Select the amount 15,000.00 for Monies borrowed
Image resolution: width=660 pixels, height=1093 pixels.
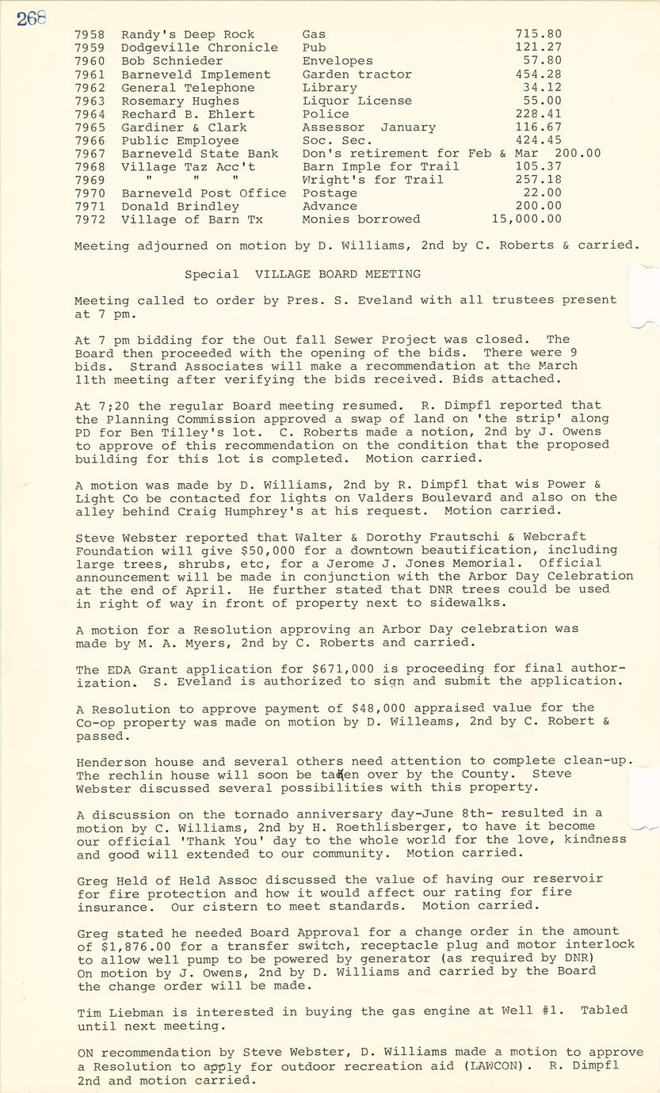coord(526,219)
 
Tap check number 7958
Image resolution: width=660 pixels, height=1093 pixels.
coord(90,35)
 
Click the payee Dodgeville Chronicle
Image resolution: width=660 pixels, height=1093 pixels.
coord(200,48)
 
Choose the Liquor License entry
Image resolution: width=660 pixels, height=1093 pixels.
coord(357,101)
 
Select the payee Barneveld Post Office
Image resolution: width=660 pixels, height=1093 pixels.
coord(204,193)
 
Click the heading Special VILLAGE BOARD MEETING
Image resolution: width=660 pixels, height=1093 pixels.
coord(303,274)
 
